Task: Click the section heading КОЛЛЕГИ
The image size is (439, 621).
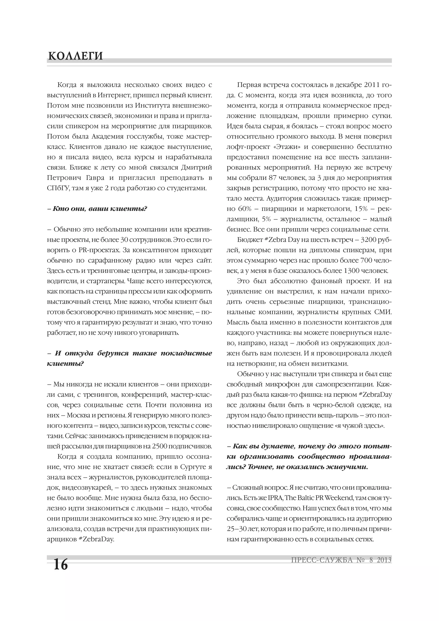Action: [75, 56]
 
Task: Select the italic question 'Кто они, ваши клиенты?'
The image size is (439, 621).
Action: [97, 209]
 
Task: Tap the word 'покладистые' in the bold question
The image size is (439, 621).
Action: [186, 353]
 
